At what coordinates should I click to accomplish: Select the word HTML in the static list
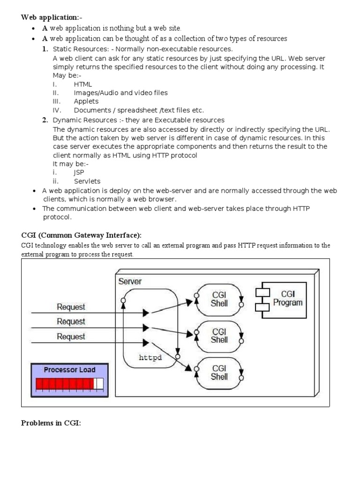tap(83, 84)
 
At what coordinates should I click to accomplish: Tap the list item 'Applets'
tap(86, 101)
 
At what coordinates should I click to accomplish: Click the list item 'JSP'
tap(79, 172)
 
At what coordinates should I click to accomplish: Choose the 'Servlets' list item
tap(87, 181)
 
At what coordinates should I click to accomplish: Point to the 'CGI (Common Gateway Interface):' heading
tap(81, 235)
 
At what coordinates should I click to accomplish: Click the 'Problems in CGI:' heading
tap(51, 423)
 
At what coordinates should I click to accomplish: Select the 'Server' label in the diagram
tap(130, 281)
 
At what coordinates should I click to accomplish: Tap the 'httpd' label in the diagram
tap(150, 358)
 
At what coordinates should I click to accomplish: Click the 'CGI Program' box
tap(287, 298)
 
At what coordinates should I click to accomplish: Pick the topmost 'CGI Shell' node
tap(219, 299)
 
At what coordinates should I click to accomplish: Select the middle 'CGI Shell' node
tap(219, 335)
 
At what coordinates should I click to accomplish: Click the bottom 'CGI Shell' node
tap(219, 372)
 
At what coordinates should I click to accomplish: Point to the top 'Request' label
tap(71, 307)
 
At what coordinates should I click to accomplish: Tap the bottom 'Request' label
tap(71, 337)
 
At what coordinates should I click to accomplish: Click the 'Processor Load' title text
tap(69, 370)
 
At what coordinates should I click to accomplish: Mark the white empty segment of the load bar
tap(98, 384)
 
